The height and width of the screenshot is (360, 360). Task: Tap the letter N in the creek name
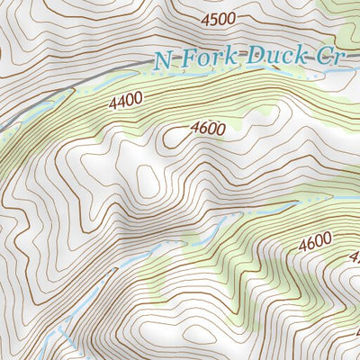162,61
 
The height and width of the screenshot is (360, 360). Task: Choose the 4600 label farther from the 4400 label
315,241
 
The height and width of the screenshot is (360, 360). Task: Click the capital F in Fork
184,59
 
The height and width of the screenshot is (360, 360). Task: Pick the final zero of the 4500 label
231,18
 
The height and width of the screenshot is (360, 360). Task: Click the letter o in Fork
198,60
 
